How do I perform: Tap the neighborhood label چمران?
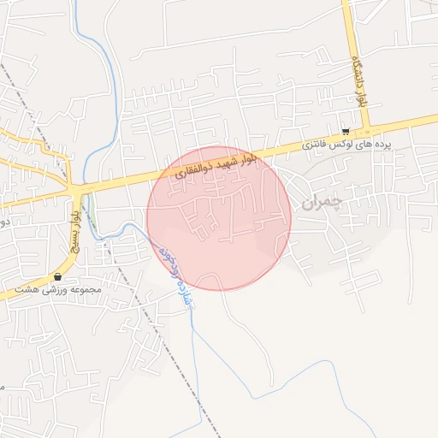click(321, 203)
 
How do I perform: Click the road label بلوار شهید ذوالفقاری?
click(214, 164)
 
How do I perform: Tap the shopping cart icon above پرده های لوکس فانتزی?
click(345, 132)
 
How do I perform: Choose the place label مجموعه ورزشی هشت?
click(59, 289)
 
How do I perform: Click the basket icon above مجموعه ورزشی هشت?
click(57, 276)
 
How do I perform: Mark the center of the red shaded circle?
click(219, 218)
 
